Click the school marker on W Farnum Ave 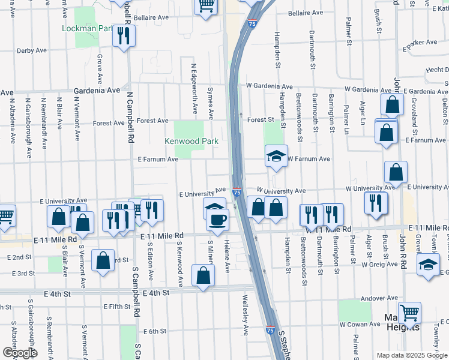[x=276, y=157]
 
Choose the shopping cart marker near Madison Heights [x=409, y=313]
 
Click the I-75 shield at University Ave [x=237, y=193]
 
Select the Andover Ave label [x=379, y=298]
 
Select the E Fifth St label [x=116, y=307]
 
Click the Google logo [x=19, y=353]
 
